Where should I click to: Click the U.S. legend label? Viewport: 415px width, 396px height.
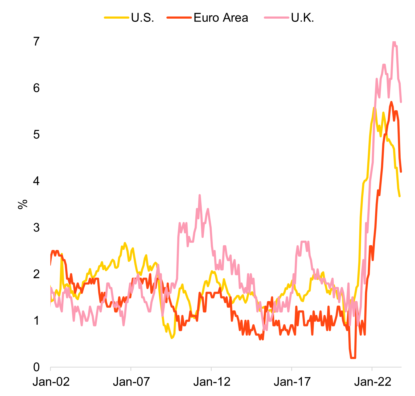pyautogui.click(x=142, y=18)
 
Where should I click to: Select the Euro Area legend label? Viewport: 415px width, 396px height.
pyautogui.click(x=221, y=18)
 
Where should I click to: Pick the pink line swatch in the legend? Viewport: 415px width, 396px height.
pyautogui.click(x=277, y=18)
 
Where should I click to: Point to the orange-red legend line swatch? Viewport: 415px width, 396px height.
pyautogui.click(x=179, y=18)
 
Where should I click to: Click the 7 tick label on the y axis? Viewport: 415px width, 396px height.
pyautogui.click(x=36, y=42)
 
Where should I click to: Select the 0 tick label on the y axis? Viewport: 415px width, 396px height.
pyautogui.click(x=36, y=367)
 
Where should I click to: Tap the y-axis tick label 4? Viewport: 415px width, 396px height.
pyautogui.click(x=36, y=181)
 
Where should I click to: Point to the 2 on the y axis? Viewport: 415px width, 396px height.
pyautogui.click(x=36, y=274)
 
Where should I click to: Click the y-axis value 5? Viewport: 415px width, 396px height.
pyautogui.click(x=36, y=135)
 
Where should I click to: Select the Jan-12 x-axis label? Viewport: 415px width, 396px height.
pyautogui.click(x=212, y=382)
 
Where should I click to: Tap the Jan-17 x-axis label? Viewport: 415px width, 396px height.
pyautogui.click(x=292, y=382)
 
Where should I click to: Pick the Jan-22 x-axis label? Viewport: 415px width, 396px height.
pyautogui.click(x=372, y=382)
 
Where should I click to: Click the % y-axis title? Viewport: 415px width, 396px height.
pyautogui.click(x=23, y=204)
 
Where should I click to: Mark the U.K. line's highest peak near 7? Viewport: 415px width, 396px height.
pyautogui.click(x=394, y=42)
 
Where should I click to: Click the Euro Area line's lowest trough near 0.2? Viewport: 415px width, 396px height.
pyautogui.click(x=353, y=358)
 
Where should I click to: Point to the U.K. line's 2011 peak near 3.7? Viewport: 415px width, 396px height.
pyautogui.click(x=199, y=195)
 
